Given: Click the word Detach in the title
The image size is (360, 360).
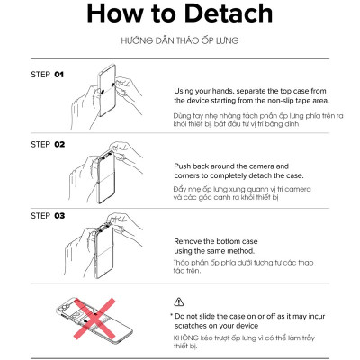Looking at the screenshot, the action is coord(229,13).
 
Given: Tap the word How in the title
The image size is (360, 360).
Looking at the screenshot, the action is coord(115,13).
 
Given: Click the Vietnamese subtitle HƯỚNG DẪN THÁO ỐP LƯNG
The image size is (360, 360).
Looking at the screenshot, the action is coord(180,40).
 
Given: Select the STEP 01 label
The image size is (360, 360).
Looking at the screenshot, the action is coord(48,75).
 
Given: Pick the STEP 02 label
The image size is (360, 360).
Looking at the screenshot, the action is coord(48,144).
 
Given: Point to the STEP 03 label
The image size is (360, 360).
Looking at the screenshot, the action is coord(48,216).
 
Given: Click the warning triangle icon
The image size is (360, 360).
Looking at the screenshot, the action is coord(179,301).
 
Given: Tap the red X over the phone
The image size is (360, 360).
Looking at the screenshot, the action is coord(94,319).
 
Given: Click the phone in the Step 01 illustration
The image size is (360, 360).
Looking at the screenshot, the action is coord(107,90).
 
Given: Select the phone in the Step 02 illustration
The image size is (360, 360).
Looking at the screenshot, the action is coord(105,176).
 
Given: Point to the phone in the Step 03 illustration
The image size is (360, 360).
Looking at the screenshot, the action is coord(103,250).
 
